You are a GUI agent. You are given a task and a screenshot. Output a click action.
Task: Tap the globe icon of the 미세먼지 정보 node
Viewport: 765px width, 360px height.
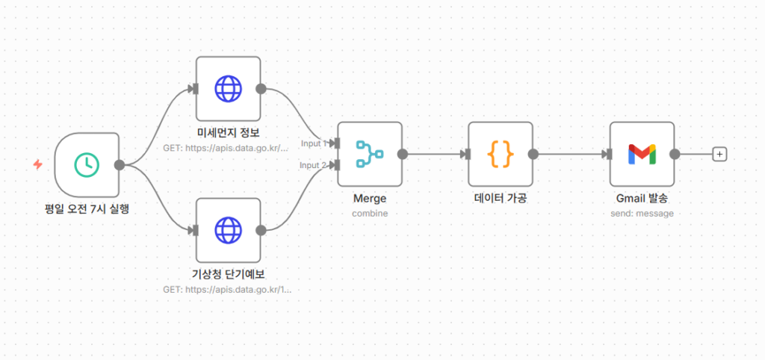point(228,89)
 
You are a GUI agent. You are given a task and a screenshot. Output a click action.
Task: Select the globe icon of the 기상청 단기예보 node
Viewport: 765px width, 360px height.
point(228,230)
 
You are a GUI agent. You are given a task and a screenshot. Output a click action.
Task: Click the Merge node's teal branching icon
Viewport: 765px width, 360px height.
point(369,154)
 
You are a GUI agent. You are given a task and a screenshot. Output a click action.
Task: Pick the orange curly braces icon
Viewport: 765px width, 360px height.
point(501,154)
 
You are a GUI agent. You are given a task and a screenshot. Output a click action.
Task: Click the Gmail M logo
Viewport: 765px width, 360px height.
point(642,154)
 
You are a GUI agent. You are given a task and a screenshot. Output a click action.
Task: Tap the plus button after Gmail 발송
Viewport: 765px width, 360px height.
point(719,154)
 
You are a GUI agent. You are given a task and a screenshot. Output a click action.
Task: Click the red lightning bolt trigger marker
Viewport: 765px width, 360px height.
point(38,164)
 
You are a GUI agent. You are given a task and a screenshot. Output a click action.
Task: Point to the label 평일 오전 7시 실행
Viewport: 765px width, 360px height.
point(87,208)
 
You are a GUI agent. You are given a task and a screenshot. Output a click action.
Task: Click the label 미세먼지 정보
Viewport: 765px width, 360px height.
point(228,134)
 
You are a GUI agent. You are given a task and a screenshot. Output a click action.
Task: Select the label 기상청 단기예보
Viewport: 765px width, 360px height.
point(228,275)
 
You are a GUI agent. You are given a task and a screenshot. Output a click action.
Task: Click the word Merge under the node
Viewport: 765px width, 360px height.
point(369,199)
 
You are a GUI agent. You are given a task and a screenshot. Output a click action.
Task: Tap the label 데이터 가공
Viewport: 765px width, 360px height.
point(501,199)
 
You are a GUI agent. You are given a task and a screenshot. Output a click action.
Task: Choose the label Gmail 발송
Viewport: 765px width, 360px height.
point(642,199)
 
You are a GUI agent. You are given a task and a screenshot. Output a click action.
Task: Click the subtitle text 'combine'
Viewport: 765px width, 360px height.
point(369,214)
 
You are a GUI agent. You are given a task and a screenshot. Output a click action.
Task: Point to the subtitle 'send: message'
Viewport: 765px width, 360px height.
point(642,214)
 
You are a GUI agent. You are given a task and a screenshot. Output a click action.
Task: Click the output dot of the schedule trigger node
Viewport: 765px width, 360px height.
point(119,165)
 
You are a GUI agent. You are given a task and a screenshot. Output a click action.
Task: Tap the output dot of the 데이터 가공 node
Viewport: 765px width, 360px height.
point(533,154)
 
